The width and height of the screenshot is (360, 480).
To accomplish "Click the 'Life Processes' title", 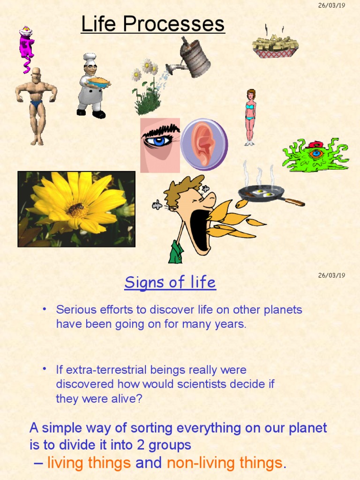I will click(x=153, y=24).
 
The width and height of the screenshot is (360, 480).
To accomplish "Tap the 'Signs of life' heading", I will click(x=170, y=283).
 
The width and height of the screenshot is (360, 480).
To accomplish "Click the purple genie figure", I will click(x=26, y=47).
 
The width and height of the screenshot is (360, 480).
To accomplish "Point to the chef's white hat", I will click(x=90, y=57).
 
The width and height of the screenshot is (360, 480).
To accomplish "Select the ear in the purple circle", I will click(x=204, y=144).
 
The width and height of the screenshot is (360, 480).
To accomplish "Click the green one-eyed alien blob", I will click(x=315, y=156).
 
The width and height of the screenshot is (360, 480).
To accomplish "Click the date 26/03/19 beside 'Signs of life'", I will click(x=331, y=275).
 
